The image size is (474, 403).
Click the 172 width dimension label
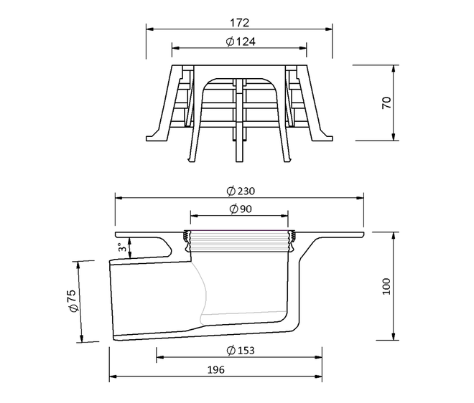pos(239,23)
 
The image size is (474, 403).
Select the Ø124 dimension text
pos(241,42)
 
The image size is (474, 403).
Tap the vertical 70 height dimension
pos(386,103)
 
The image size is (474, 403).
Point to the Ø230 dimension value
pos(241,191)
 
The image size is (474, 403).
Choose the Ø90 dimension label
pos(241,209)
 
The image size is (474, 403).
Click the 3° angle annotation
pos(122,247)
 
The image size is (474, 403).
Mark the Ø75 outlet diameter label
pos(73,300)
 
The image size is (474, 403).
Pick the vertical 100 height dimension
pos(386,287)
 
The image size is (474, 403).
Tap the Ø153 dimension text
pos(241,351)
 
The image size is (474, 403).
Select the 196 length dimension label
pos(216,370)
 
